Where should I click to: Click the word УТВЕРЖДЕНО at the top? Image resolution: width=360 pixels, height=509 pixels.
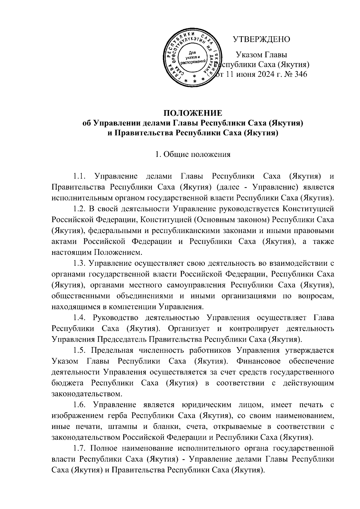pos(262,39)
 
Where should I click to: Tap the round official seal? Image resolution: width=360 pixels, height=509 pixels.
pos(192,57)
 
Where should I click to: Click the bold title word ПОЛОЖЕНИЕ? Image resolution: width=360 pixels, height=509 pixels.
pos(193,113)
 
